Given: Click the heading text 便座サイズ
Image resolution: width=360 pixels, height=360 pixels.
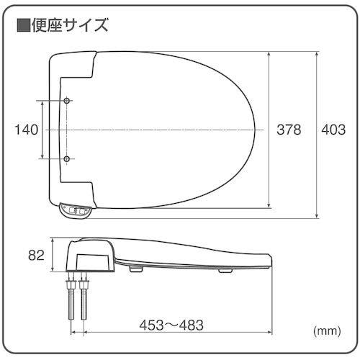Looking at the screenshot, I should tap(71, 27).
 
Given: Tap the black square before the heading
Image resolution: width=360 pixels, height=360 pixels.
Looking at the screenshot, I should tap(23, 27).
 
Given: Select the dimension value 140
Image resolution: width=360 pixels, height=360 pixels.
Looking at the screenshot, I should tap(26, 130).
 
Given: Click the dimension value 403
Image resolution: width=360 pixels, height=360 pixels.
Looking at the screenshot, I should tap(333, 130).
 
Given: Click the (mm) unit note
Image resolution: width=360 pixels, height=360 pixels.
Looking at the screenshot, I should tap(327, 332).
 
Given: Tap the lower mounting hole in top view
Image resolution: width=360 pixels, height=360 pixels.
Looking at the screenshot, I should tap(67, 158).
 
